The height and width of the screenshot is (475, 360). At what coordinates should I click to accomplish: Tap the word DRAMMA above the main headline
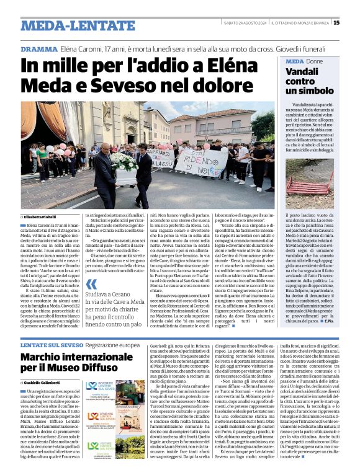pos(37,49)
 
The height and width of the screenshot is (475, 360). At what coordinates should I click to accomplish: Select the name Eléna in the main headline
pos(214,65)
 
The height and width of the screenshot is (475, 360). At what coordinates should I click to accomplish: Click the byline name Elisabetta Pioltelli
pos(42,216)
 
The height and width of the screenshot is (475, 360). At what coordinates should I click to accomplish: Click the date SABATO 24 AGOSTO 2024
pos(245,24)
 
